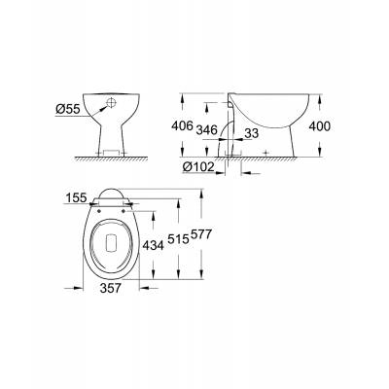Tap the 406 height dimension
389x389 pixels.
[x=197, y=125]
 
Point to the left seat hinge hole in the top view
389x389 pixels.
[x=98, y=205]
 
